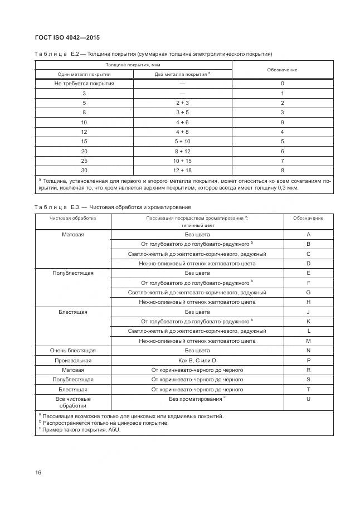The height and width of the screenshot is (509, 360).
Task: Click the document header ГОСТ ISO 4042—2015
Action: [x=67, y=37]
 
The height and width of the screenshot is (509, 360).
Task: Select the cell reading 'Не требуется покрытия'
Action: [x=84, y=83]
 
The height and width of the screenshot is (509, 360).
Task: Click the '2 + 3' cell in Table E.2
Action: [x=182, y=103]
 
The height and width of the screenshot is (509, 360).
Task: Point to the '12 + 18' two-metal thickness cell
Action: [x=182, y=171]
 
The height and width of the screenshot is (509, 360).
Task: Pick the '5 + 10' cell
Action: [x=182, y=142]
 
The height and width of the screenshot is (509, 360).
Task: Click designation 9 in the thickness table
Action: [x=283, y=122]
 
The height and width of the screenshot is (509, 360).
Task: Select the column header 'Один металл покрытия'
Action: [x=84, y=74]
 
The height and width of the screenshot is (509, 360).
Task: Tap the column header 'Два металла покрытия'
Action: [x=182, y=74]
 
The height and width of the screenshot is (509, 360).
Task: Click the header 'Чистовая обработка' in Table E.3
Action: [x=73, y=218]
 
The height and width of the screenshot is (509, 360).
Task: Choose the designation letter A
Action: [x=308, y=235]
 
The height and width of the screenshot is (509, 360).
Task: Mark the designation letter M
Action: [x=308, y=341]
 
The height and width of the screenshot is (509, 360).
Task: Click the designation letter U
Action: [x=308, y=399]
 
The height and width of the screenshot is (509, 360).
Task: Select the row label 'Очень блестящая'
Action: [x=73, y=351]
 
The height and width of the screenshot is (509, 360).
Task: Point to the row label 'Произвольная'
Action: [x=73, y=361]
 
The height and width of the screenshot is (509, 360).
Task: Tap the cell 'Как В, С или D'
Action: [x=197, y=361]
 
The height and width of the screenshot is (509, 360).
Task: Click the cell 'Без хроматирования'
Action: [x=197, y=399]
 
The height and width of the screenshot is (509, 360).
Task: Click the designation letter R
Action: [x=308, y=370]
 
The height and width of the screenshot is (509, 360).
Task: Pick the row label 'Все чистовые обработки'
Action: [x=73, y=403]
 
